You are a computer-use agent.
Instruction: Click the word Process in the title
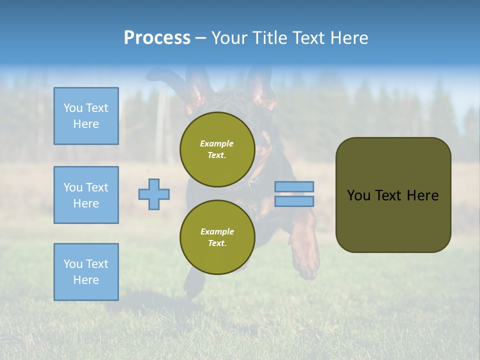pyautogui.click(x=157, y=38)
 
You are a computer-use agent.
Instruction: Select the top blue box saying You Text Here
pyautogui.click(x=86, y=116)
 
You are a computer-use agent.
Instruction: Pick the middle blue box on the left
pyautogui.click(x=86, y=195)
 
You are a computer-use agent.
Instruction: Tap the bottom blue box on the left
pyautogui.click(x=86, y=272)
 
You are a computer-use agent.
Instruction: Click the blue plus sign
pyautogui.click(x=154, y=194)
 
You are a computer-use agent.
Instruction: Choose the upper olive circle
pyautogui.click(x=217, y=149)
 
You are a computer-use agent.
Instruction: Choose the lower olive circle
pyautogui.click(x=217, y=237)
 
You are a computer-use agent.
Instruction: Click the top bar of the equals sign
pyautogui.click(x=294, y=186)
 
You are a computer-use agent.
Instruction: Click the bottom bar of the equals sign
pyautogui.click(x=294, y=201)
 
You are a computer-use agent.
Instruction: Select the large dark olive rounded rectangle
pyautogui.click(x=393, y=195)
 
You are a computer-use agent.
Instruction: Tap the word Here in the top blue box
pyautogui.click(x=86, y=124)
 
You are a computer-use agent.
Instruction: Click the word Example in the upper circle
pyautogui.click(x=217, y=143)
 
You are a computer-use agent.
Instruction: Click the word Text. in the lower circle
pyautogui.click(x=217, y=243)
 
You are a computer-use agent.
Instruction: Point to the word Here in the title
pyautogui.click(x=348, y=38)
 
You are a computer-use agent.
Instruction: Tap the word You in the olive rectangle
pyautogui.click(x=358, y=195)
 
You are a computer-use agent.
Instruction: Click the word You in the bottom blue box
pyautogui.click(x=73, y=264)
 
